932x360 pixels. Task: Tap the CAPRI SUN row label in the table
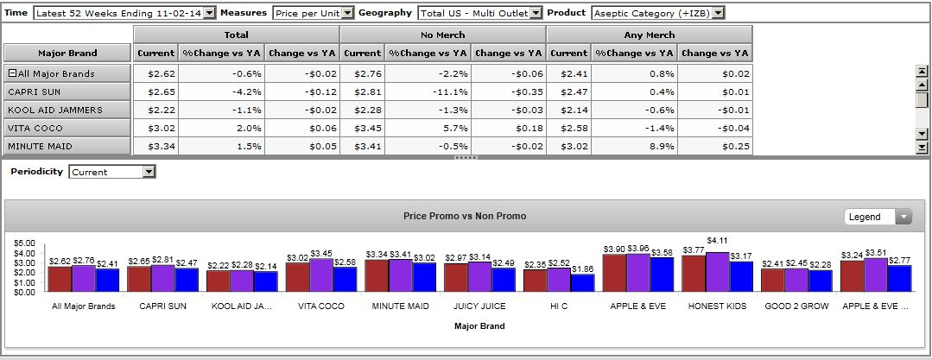pos(67,92)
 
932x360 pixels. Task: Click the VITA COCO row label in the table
pos(67,128)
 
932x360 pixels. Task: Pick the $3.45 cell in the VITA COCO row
pos(363,128)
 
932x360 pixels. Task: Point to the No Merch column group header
pos(442,35)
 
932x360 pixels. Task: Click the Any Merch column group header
pos(649,35)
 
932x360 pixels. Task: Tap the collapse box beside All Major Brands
pos(12,73)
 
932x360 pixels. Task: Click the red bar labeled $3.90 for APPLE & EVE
pos(614,273)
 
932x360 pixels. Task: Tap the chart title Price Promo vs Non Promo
pos(465,216)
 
